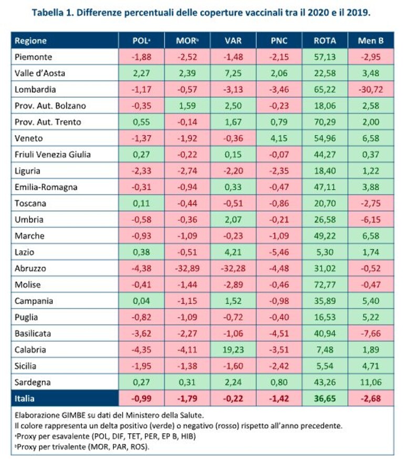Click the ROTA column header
tap(325, 40)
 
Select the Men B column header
tap(370, 40)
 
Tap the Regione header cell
tap(30, 40)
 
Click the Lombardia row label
tap(35, 89)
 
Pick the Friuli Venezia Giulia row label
tap(53, 154)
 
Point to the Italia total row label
tap(24, 399)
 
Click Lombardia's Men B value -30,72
tap(370, 89)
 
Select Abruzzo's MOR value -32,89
tap(187, 268)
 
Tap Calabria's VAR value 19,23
tap(233, 350)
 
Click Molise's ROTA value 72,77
tap(325, 284)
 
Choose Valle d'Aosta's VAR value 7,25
tap(233, 73)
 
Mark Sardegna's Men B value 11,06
tap(370, 382)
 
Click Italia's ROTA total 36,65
tap(325, 399)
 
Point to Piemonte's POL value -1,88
tap(141, 57)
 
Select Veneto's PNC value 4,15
tap(279, 138)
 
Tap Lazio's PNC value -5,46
tap(279, 252)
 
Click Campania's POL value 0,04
tap(141, 301)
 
